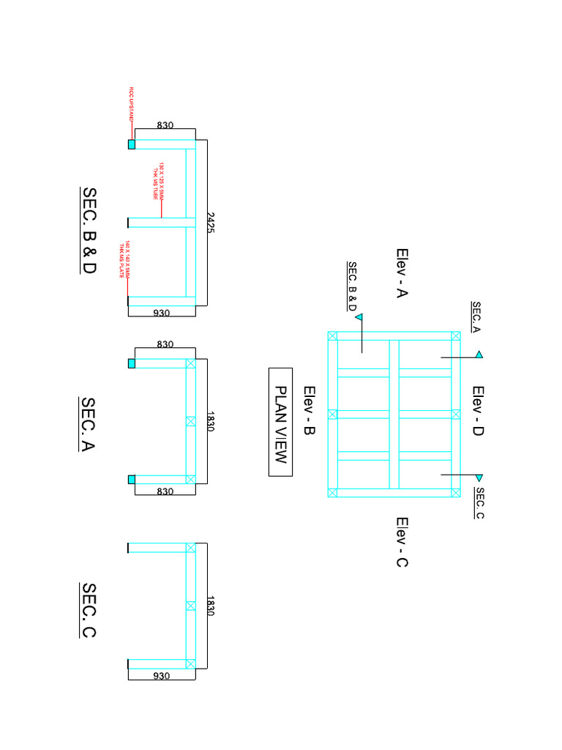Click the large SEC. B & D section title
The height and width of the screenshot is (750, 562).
[x=89, y=230]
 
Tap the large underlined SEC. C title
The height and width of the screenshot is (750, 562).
[x=88, y=610]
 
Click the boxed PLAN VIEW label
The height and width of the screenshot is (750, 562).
[x=280, y=422]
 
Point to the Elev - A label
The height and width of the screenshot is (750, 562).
[x=402, y=273]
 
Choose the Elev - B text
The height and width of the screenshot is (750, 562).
[x=308, y=412]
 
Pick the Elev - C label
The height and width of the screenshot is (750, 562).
[x=402, y=542]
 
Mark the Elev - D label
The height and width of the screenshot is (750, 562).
[x=478, y=412]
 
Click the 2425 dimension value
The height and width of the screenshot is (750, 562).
[x=211, y=223]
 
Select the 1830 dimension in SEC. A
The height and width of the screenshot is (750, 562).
[x=211, y=420]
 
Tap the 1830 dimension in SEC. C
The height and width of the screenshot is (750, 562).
[x=211, y=605]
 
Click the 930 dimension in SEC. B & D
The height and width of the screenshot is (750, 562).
[x=162, y=313]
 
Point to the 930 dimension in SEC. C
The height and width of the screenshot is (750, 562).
[x=162, y=676]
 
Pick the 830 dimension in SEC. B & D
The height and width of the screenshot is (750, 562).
[x=165, y=125]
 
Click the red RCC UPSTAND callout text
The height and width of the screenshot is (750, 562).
[x=132, y=103]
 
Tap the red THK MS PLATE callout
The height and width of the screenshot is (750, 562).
[x=124, y=260]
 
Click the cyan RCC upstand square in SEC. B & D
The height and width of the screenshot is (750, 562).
[x=132, y=144]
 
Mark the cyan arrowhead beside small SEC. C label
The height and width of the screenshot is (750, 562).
[x=479, y=478]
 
